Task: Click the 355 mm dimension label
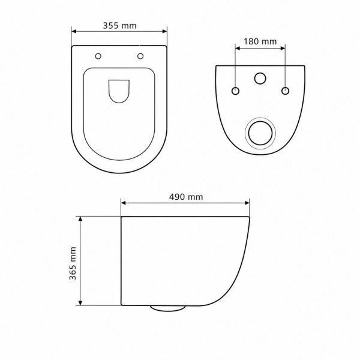119,25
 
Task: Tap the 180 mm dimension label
260,41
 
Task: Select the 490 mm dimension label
186,197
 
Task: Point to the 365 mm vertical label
73,263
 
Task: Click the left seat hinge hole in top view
98,56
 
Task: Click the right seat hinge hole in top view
140,56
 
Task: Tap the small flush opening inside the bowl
119,91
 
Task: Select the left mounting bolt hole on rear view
235,91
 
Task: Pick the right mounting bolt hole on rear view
285,91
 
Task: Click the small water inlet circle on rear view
260,78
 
